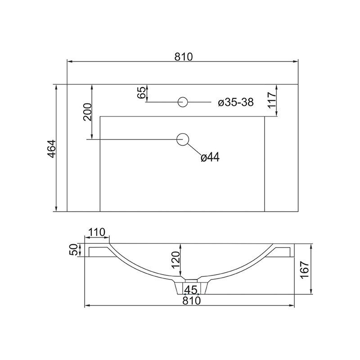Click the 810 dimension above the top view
point(184,57)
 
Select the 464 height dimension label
point(51,148)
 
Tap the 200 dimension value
point(87,112)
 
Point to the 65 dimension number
point(141,93)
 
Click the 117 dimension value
point(272,100)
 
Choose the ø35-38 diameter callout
point(236,102)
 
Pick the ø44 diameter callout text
point(210,157)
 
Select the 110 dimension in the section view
point(97,232)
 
